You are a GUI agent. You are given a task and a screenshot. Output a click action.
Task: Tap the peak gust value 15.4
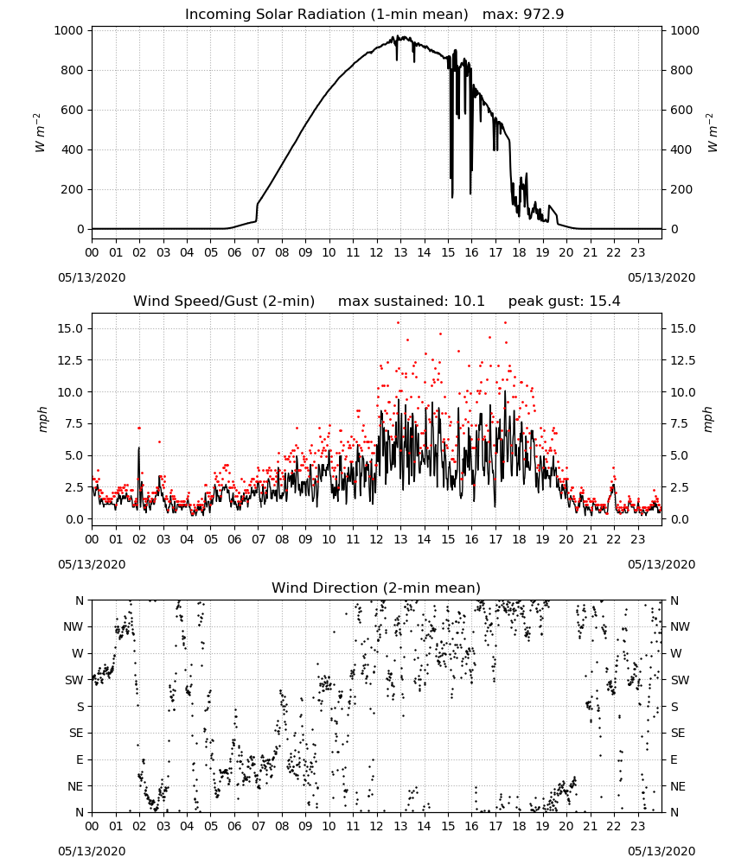click(x=604, y=302)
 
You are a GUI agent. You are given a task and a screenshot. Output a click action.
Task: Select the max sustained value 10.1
click(x=469, y=302)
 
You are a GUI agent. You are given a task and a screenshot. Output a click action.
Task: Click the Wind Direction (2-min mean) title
click(x=376, y=588)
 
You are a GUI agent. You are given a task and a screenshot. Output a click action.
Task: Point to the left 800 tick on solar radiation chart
click(x=73, y=70)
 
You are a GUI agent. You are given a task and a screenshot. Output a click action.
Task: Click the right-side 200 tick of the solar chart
click(x=681, y=189)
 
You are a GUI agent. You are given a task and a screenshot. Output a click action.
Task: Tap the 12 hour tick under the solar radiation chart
click(x=377, y=252)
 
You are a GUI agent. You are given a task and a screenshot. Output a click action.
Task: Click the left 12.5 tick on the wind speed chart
click(x=71, y=360)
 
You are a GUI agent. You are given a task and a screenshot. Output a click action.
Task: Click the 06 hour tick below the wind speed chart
click(x=234, y=539)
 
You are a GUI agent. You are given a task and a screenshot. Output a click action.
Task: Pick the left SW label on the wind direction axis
click(x=74, y=680)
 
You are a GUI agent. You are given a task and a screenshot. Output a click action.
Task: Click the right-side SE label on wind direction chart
click(x=678, y=733)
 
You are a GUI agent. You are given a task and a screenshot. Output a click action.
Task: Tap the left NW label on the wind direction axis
click(x=73, y=627)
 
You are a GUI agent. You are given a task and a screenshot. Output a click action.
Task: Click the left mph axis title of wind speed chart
click(x=43, y=419)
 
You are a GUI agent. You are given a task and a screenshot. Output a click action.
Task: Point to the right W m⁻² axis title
click(x=712, y=133)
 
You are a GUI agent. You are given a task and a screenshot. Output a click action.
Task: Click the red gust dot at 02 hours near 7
click(x=139, y=429)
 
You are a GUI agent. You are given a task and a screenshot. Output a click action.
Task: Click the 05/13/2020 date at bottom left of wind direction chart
click(x=92, y=851)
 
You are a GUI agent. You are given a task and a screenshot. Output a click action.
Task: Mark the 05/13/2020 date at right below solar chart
click(x=661, y=277)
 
